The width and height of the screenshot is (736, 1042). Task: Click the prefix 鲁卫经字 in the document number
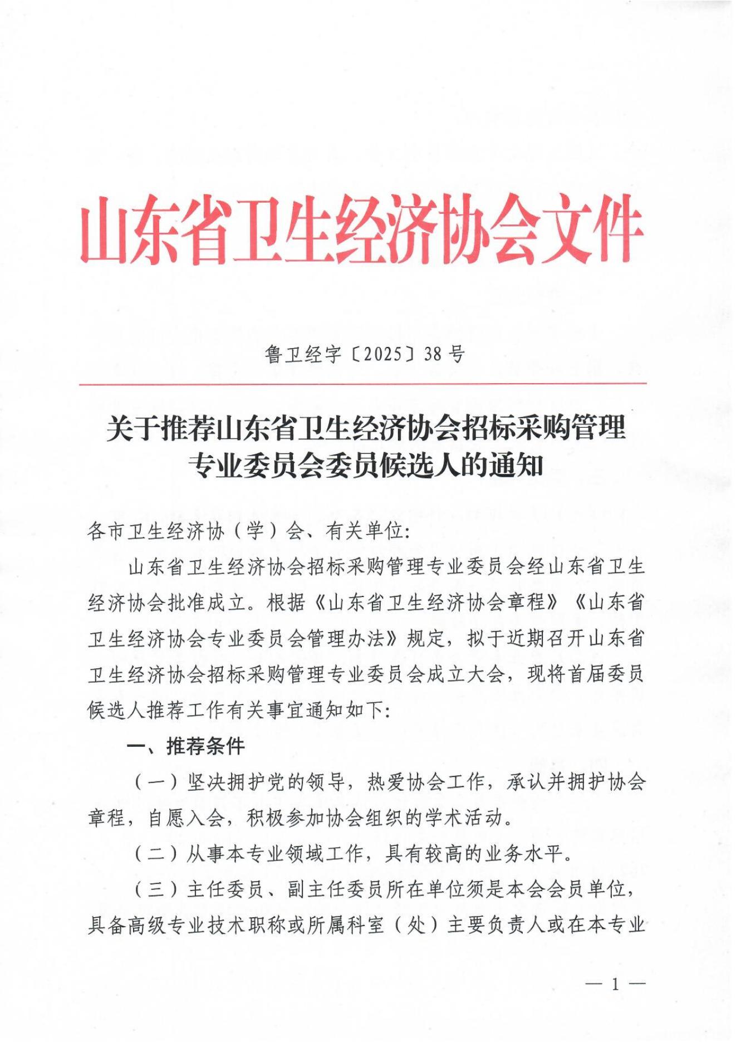tap(303, 354)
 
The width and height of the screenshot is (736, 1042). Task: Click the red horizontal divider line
tap(362, 384)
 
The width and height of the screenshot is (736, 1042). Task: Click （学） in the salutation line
tap(255, 531)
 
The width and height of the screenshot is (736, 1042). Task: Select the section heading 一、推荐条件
tap(185, 746)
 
